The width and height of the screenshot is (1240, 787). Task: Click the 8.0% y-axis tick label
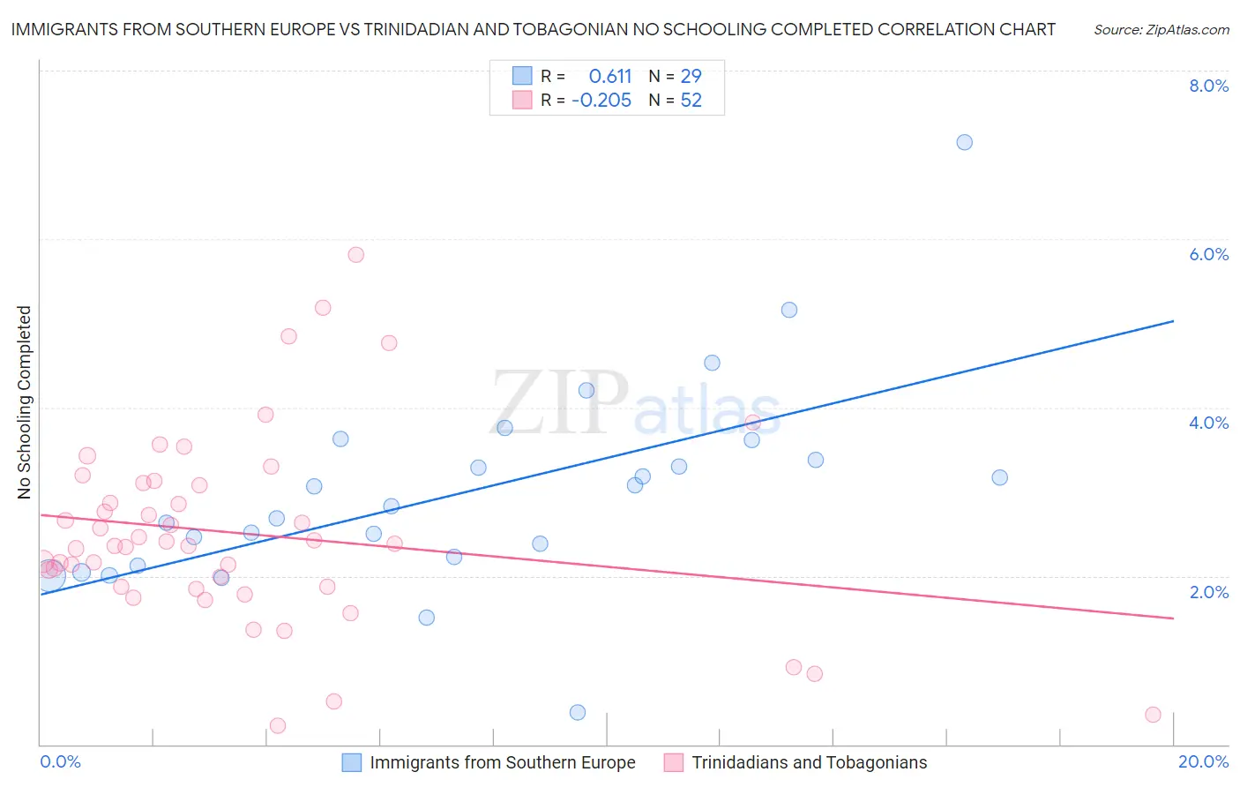(1208, 86)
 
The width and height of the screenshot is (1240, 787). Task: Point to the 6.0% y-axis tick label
(1208, 254)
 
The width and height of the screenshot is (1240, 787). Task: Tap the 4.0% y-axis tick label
(1208, 423)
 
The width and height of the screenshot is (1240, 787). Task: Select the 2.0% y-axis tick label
(1208, 592)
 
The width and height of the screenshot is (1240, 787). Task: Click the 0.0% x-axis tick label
(60, 761)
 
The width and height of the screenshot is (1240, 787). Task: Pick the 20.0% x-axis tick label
(1203, 761)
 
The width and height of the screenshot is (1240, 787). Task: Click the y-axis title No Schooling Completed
(25, 402)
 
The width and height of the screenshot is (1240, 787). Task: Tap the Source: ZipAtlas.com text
(1161, 30)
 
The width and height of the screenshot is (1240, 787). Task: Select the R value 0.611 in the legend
(610, 77)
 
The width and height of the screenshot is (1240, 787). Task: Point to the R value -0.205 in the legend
(601, 101)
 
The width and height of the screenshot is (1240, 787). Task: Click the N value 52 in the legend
(691, 101)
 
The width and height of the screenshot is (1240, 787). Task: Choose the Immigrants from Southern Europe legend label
(502, 762)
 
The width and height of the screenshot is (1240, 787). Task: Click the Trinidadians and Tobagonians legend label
(809, 762)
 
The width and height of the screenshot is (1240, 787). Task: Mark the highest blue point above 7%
(964, 142)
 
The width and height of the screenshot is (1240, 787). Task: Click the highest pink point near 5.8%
(355, 255)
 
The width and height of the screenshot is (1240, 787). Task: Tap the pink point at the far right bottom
(1153, 715)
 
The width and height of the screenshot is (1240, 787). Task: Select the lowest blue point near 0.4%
(578, 712)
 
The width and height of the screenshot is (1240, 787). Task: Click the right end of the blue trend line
(1173, 321)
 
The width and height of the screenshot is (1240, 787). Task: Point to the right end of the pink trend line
(1173, 618)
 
